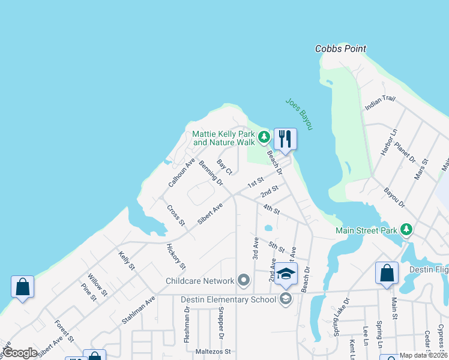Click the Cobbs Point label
pyautogui.click(x=340, y=49)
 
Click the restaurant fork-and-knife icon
pyautogui.click(x=285, y=139)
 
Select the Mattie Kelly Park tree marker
pyautogui.click(x=263, y=138)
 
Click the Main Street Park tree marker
pyautogui.click(x=406, y=230)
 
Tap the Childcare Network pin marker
pyautogui.click(x=243, y=280)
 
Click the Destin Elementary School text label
pyautogui.click(x=229, y=299)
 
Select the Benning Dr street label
pyautogui.click(x=210, y=173)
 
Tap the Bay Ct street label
pyautogui.click(x=224, y=166)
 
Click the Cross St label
pyautogui.click(x=176, y=215)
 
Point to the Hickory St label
pyautogui.click(x=176, y=257)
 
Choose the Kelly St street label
pyautogui.click(x=126, y=260)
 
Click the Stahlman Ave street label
pyautogui.click(x=138, y=310)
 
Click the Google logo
pyautogui.click(x=20, y=353)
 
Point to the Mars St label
pyautogui.click(x=421, y=169)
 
